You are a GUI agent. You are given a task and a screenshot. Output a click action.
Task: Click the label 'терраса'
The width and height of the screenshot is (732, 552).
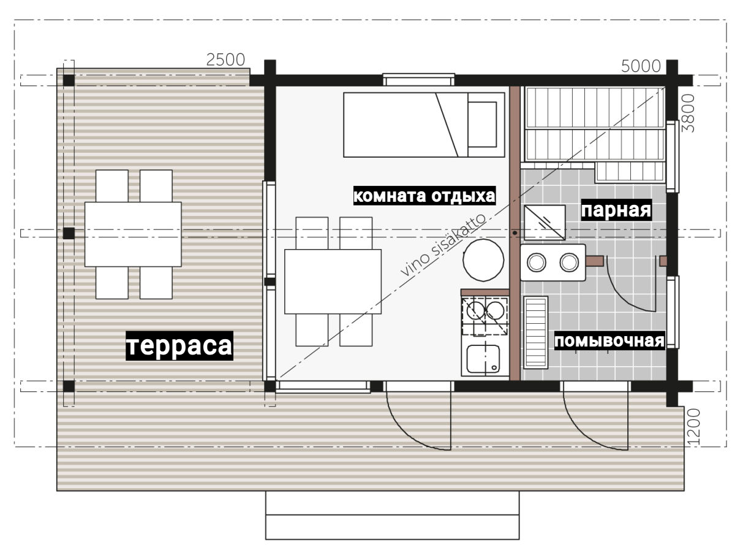pyautogui.click(x=179, y=345)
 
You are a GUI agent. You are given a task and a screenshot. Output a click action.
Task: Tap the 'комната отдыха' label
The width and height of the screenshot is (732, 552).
pyautogui.click(x=424, y=196)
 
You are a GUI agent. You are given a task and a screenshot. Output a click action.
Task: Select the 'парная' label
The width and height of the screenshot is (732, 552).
pyautogui.click(x=616, y=210)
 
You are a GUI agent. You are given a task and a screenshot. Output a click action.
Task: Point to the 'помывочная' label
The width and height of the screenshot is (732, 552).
pyautogui.click(x=609, y=341)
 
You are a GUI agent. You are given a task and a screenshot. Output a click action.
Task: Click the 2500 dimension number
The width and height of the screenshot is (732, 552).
pyautogui.click(x=225, y=60)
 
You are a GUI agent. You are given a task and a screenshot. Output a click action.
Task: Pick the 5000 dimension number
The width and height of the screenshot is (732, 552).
pyautogui.click(x=641, y=66)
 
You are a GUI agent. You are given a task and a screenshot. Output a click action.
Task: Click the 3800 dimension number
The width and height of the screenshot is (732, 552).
pyautogui.click(x=688, y=113)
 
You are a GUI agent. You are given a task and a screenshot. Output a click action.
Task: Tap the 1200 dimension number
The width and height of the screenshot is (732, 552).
pyautogui.click(x=694, y=427)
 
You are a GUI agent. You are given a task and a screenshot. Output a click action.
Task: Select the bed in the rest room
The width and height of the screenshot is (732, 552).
pyautogui.click(x=424, y=125)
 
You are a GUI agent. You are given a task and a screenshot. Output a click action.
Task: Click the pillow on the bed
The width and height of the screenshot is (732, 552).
pyautogui.click(x=482, y=125)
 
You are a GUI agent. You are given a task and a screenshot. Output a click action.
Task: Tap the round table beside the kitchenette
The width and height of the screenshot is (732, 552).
pyautogui.click(x=483, y=260)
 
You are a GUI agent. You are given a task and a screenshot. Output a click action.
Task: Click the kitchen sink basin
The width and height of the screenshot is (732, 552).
pyautogui.click(x=483, y=359)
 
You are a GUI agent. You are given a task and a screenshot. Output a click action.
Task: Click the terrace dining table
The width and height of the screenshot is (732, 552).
pyautogui.click(x=133, y=234)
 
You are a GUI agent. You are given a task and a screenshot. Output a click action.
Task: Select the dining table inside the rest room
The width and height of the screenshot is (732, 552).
pyautogui.click(x=333, y=282)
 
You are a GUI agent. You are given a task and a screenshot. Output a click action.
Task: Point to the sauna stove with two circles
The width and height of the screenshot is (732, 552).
pyautogui.click(x=553, y=263)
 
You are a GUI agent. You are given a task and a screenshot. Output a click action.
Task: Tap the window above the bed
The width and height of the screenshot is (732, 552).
pyautogui.click(x=419, y=80)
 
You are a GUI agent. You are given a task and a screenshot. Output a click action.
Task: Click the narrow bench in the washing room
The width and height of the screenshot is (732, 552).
pyautogui.click(x=535, y=332)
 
